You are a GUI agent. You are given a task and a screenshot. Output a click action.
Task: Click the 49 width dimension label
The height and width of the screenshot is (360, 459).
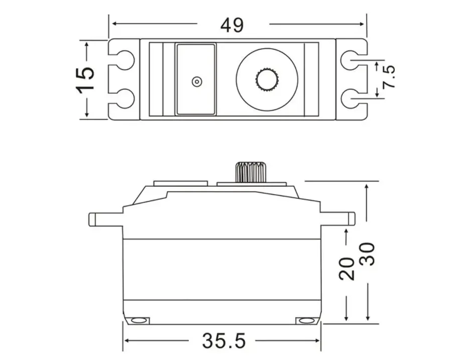click(232, 25)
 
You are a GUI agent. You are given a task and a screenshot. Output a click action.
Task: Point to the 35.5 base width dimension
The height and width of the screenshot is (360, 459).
click(224, 341)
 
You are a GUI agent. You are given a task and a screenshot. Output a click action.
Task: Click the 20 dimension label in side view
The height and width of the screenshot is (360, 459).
click(347, 269)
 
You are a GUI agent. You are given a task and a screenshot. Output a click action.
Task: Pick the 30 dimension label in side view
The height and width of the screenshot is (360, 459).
click(367, 254)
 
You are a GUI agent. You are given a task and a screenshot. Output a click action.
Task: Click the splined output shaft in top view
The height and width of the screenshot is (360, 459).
click(267, 80)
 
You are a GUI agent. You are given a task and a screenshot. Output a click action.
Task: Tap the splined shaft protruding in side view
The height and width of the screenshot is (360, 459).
click(251, 172)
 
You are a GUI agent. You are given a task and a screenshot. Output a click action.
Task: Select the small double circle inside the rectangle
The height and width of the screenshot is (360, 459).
click(197, 81)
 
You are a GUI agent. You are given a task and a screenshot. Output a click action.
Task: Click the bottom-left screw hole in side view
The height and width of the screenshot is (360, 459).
click(138, 320)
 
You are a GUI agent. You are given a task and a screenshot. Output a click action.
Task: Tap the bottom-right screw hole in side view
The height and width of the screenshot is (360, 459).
click(305, 320)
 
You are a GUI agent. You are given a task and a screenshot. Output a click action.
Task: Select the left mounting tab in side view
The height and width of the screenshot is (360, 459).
click(105, 219)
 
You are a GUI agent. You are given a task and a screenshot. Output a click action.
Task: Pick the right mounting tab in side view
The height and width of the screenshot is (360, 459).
click(337, 219)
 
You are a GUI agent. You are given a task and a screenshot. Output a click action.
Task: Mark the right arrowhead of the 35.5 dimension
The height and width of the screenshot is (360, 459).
click(316, 340)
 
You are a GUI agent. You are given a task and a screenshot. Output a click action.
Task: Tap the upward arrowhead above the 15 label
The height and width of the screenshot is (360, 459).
click(87, 45)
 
